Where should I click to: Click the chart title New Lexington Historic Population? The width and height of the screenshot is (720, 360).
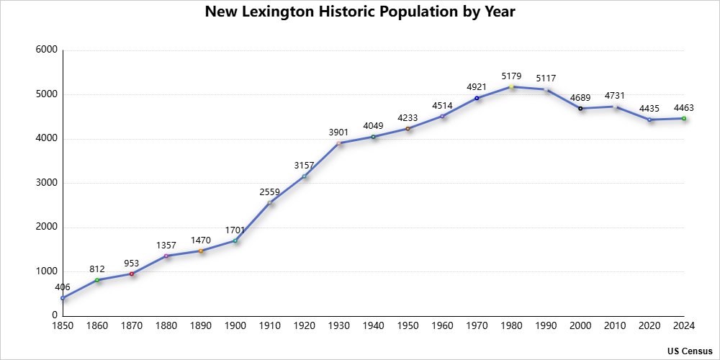click(360, 12)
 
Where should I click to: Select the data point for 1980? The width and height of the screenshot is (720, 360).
click(511, 86)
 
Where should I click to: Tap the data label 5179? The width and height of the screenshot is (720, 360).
click(511, 76)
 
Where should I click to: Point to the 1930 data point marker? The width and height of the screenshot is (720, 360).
click(339, 143)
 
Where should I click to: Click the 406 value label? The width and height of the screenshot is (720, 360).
click(63, 287)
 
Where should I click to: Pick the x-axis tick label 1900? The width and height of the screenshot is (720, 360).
click(235, 326)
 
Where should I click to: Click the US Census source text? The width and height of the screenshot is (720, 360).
click(690, 351)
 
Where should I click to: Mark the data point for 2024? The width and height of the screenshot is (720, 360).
click(684, 118)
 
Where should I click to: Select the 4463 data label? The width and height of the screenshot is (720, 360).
click(684, 108)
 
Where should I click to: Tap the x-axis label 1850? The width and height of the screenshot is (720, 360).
click(63, 326)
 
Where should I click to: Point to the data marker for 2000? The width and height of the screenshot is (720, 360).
click(580, 109)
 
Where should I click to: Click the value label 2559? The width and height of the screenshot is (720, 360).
click(270, 192)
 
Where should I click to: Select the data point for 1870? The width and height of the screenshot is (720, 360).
click(132, 274)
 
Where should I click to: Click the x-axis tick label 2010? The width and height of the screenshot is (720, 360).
click(615, 326)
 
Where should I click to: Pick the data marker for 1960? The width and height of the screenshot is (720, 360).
click(442, 116)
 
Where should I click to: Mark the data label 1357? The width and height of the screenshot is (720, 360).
click(166, 246)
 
